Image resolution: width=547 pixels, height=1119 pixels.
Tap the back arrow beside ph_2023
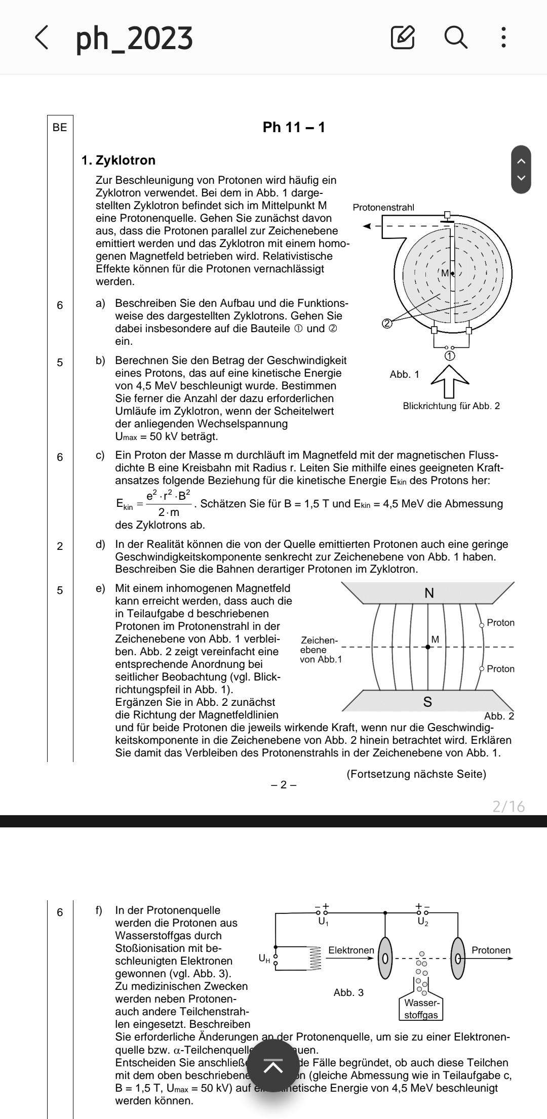[x=43, y=37]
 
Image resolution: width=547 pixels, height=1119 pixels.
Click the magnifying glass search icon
[x=455, y=37]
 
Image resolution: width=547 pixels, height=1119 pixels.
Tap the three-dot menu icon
[x=503, y=37]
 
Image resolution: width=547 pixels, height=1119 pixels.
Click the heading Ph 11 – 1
[x=294, y=127]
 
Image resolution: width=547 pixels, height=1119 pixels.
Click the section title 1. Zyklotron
[x=119, y=161]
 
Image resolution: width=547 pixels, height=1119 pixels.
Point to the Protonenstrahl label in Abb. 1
[x=383, y=207]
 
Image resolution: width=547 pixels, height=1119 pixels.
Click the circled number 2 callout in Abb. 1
[x=387, y=323]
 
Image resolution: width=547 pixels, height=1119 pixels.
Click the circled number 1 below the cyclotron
[x=449, y=356]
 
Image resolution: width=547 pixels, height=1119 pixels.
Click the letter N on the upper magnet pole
[x=428, y=593]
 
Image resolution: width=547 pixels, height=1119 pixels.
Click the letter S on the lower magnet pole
[x=427, y=702]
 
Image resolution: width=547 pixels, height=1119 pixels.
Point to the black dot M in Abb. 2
[x=428, y=647]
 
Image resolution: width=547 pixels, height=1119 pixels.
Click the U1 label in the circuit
[x=323, y=922]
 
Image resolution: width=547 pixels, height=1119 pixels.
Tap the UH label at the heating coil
[x=264, y=957]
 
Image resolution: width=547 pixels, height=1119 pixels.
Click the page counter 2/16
[x=509, y=806]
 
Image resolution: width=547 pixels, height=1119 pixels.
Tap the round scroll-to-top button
[x=273, y=1066]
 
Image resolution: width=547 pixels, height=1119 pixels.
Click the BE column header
[x=60, y=127]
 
